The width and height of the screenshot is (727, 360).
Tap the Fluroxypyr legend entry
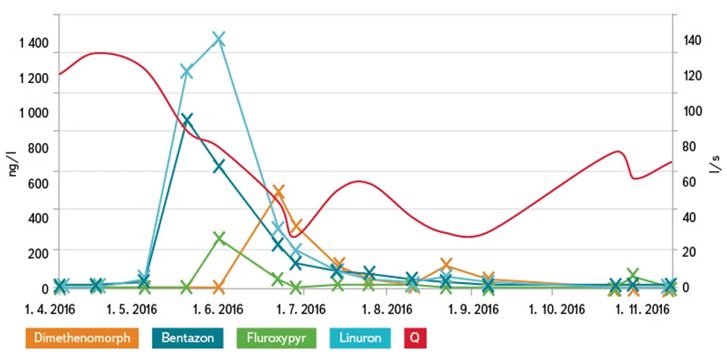pos(276,338)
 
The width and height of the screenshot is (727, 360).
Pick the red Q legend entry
pos(416,338)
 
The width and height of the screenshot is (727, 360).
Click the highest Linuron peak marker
pos(219,38)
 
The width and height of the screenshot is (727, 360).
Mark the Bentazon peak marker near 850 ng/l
pos(186,120)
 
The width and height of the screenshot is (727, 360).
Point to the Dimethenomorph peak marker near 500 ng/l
pos(278,192)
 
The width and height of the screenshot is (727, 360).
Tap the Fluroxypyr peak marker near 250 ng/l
pos(219,238)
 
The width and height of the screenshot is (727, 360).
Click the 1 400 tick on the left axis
pos(34,43)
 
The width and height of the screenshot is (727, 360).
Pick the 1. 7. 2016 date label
pos(298,310)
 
